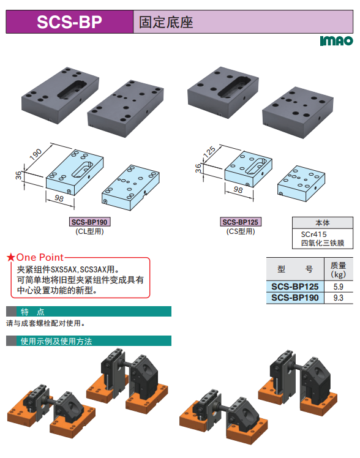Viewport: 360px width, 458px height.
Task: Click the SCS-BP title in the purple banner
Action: pos(69,22)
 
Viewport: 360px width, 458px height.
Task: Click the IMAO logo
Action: pos(336,41)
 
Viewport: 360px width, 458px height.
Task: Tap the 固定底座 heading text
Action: pos(166,22)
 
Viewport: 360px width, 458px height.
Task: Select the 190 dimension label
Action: pos(36,154)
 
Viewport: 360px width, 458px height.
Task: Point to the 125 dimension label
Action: pos(209,152)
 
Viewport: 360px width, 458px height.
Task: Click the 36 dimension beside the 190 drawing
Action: pos(18,175)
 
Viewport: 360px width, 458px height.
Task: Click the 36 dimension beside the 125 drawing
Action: pos(198,168)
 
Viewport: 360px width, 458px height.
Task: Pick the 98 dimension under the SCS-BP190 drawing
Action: pos(59,198)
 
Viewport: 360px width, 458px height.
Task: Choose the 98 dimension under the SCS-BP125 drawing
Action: pos(238,190)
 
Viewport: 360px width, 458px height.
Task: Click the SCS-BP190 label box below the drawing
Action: pos(89,222)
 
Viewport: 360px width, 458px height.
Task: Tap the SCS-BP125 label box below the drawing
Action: pos(240,222)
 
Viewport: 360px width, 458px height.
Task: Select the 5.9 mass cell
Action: pos(339,287)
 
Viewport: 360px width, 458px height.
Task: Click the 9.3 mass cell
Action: pos(339,298)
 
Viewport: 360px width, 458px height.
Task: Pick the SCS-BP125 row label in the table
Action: pos(295,287)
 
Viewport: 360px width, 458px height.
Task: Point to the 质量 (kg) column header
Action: pos(339,269)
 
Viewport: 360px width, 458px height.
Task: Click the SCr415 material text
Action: pos(314,235)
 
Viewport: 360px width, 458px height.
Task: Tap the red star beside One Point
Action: pos(11,257)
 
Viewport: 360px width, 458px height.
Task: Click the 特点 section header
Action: pos(32,312)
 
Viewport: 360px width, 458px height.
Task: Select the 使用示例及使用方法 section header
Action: pos(56,341)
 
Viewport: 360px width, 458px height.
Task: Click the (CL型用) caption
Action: pos(89,231)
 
